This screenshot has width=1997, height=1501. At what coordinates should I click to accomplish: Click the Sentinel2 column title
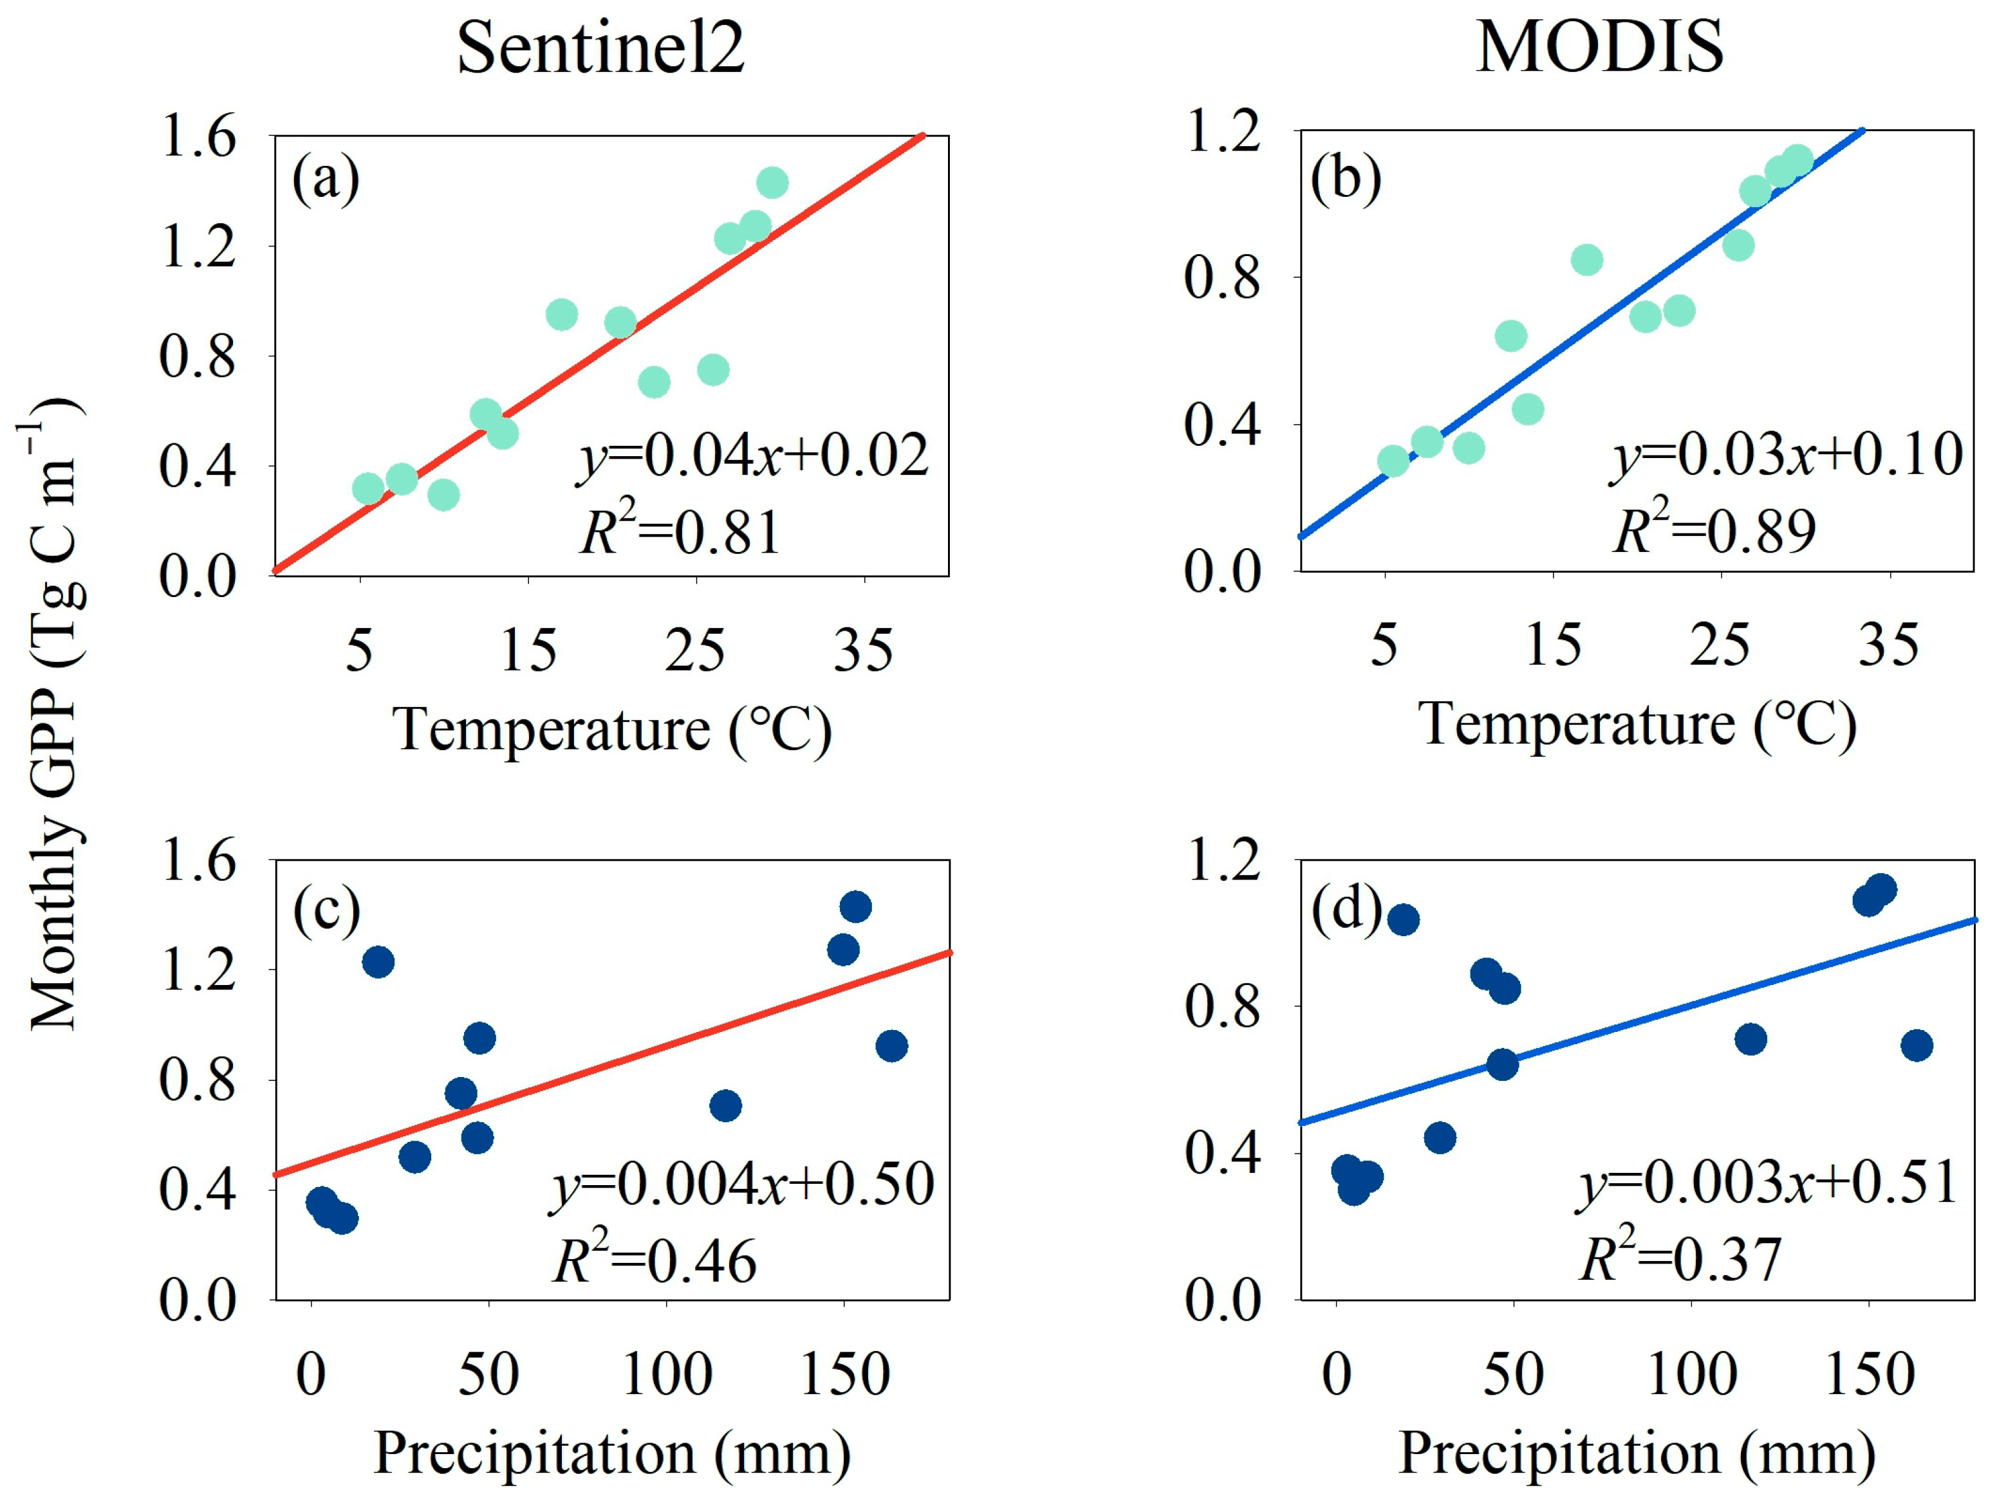point(600,47)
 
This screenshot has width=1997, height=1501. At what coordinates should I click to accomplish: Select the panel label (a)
point(325,181)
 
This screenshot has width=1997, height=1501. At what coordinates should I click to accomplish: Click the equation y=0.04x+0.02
point(753,456)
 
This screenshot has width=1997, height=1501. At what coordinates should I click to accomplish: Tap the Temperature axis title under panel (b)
point(1637,724)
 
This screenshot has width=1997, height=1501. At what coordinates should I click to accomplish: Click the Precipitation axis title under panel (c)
point(612,1453)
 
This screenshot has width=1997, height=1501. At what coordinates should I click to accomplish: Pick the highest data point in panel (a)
point(772,182)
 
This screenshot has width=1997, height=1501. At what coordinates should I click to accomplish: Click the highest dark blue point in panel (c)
point(855,906)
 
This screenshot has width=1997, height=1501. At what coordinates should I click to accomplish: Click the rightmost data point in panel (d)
point(1916,1045)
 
